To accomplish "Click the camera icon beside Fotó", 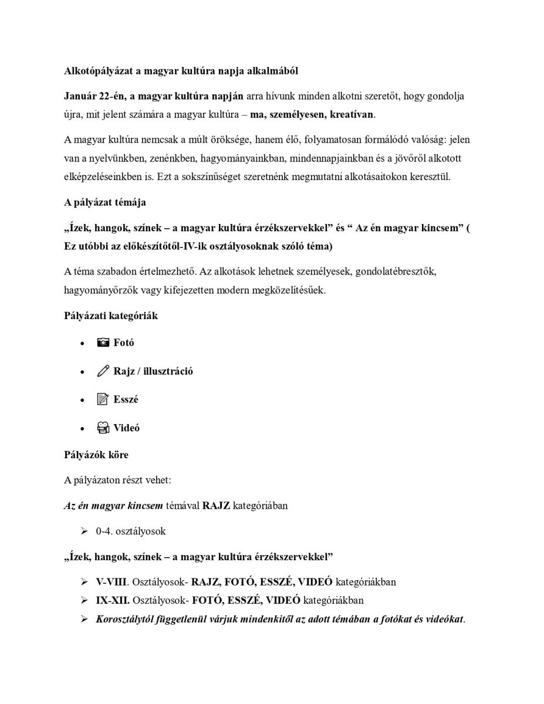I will [103, 343].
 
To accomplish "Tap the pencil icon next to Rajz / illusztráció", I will [103, 371].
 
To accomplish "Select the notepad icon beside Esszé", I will [103, 400].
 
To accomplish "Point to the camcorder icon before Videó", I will [103, 428].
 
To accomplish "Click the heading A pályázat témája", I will [105, 202].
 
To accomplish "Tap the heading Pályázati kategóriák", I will [111, 316].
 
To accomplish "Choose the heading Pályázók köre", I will [96, 455].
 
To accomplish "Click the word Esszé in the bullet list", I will [126, 400].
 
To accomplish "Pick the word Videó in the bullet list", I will [126, 428].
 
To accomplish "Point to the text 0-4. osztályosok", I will [131, 532].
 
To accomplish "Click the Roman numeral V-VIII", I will [112, 582].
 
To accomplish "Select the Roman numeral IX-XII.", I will [113, 600].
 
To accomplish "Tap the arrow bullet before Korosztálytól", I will [85, 619].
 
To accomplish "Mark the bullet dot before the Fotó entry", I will [82, 343].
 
